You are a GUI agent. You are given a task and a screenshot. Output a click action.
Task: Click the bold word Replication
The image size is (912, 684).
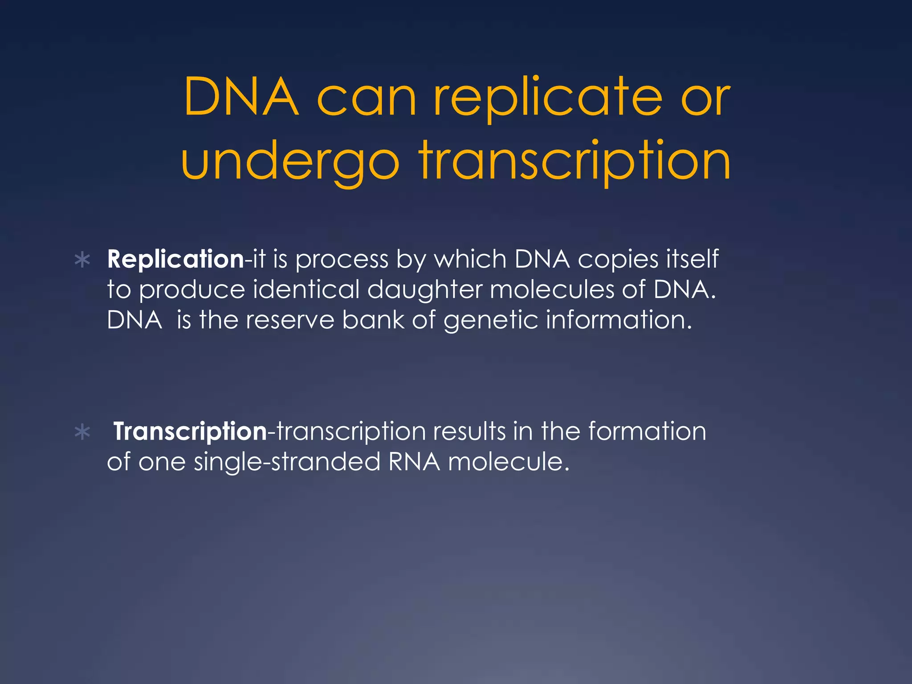point(175,259)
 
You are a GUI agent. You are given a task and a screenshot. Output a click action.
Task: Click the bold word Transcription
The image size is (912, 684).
point(190,432)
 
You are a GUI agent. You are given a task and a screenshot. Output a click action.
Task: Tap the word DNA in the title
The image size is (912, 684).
point(240,97)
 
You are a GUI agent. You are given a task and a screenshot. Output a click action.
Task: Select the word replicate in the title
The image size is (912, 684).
point(548,97)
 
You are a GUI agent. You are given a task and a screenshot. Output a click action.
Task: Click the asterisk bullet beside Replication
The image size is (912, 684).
point(82,260)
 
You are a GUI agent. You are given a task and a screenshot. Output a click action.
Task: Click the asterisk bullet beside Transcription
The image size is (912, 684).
point(82,432)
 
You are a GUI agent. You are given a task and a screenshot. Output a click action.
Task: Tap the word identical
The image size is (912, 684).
point(306,289)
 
